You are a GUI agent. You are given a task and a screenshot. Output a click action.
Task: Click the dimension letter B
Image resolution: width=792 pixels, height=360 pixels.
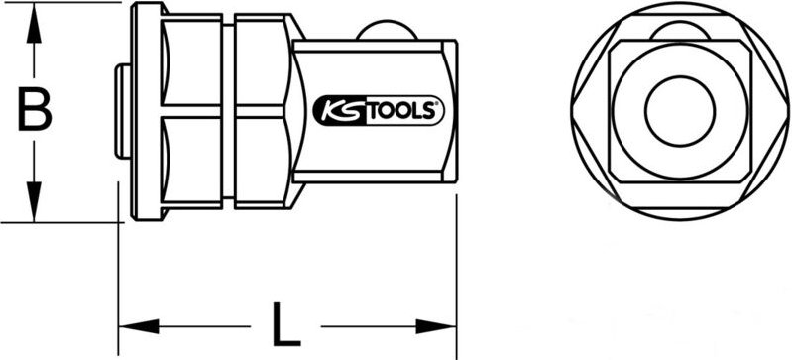(x=35, y=112)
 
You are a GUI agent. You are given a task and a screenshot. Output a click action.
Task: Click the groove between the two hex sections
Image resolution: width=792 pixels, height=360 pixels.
(x=228, y=111)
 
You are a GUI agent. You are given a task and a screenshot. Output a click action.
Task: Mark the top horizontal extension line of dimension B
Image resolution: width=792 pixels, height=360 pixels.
(x=59, y=3)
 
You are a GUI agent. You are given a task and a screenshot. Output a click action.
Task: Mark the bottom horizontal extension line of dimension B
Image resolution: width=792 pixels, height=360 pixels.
(x=59, y=221)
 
